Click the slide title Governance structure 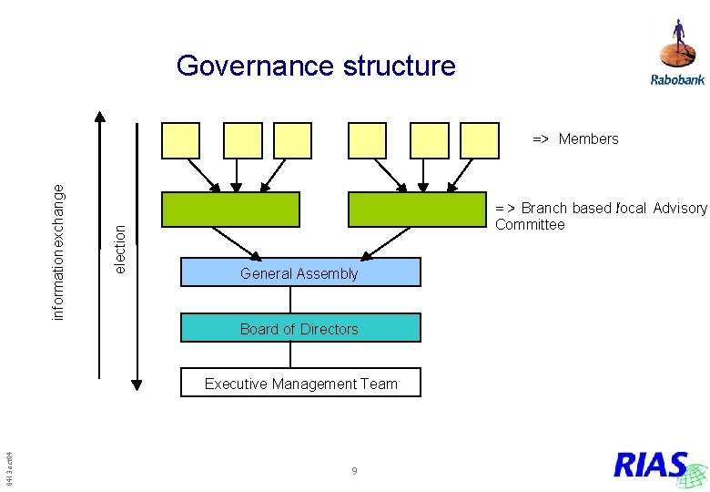pyautogui.click(x=316, y=66)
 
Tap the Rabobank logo pyautogui.click(x=677, y=54)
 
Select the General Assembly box pyautogui.click(x=300, y=272)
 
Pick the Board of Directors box pyautogui.click(x=300, y=328)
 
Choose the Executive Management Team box pyautogui.click(x=300, y=384)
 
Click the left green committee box pyautogui.click(x=230, y=210)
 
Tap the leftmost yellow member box pyautogui.click(x=180, y=140)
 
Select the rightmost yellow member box pyautogui.click(x=479, y=140)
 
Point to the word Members pyautogui.click(x=588, y=139)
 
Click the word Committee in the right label pyautogui.click(x=530, y=225)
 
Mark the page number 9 pyautogui.click(x=354, y=471)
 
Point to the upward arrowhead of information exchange pyautogui.click(x=100, y=117)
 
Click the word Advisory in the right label pyautogui.click(x=679, y=208)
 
